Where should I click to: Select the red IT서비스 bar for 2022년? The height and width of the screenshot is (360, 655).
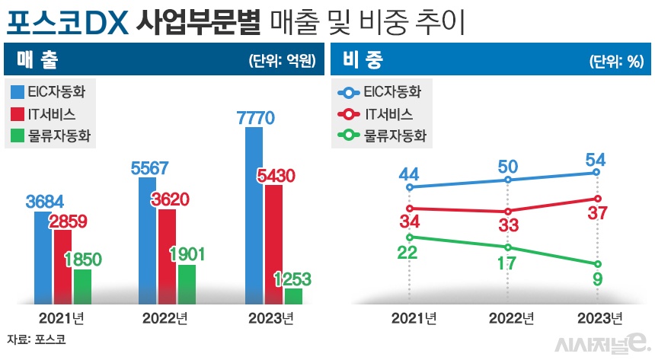click(167, 256)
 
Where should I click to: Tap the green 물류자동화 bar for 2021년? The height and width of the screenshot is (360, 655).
click(82, 286)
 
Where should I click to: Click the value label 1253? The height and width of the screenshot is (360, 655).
click(292, 279)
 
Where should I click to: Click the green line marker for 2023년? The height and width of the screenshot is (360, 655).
click(596, 264)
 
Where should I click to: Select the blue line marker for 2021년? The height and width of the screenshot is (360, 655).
click(410, 186)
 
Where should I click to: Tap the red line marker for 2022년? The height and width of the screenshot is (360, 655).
click(507, 212)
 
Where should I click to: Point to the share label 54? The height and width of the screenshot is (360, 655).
click(596, 161)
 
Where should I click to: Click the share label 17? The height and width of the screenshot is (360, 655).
click(507, 263)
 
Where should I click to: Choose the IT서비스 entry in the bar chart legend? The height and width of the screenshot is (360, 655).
click(50, 114)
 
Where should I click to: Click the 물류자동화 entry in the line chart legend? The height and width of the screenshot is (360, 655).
click(384, 136)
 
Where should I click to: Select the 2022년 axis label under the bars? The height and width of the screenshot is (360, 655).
click(165, 317)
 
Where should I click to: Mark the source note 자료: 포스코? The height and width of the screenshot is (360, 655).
click(36, 339)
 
